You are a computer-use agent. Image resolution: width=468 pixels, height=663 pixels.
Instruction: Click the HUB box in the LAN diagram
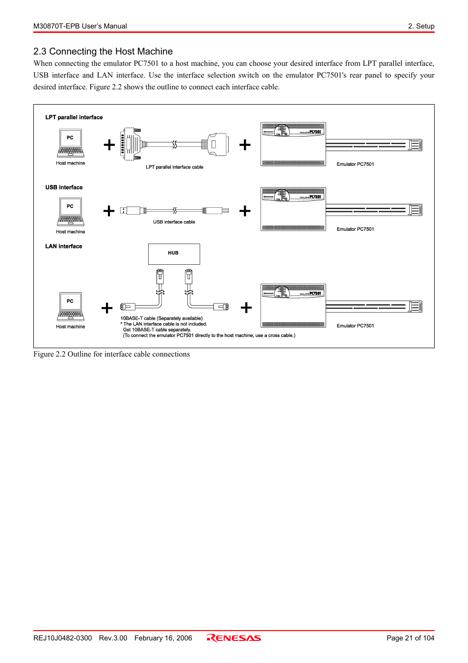point(174,254)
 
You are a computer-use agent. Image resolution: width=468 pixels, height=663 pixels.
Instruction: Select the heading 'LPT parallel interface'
point(74,117)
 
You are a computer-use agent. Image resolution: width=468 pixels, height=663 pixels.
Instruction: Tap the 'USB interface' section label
point(64,188)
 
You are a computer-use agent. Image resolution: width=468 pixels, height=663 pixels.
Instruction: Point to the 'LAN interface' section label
point(64,247)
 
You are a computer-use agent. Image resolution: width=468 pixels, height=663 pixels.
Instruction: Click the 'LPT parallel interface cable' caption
point(174,167)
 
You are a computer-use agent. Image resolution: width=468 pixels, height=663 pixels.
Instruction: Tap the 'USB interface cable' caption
point(174,222)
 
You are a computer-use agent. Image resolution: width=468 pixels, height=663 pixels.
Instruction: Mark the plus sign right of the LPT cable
point(245,145)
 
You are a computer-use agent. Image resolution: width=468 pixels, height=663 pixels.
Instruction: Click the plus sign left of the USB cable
point(109,211)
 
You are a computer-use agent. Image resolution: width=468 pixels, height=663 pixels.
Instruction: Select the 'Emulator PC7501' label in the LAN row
point(355,326)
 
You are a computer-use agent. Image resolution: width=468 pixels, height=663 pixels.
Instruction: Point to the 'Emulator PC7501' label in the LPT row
point(355,165)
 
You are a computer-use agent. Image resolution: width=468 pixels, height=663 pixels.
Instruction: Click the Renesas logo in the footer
point(234,638)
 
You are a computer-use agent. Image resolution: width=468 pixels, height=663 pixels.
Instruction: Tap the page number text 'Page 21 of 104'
point(410,638)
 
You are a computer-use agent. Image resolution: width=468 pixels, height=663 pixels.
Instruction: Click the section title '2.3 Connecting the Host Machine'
point(103,52)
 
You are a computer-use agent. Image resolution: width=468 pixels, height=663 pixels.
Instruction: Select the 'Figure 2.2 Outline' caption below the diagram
point(111,354)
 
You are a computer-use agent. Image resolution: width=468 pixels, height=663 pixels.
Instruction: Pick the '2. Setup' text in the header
point(421,26)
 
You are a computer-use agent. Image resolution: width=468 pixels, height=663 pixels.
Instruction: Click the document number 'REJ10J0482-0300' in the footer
point(62,638)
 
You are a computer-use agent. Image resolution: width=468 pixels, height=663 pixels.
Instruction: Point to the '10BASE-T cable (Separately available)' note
point(161,318)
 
